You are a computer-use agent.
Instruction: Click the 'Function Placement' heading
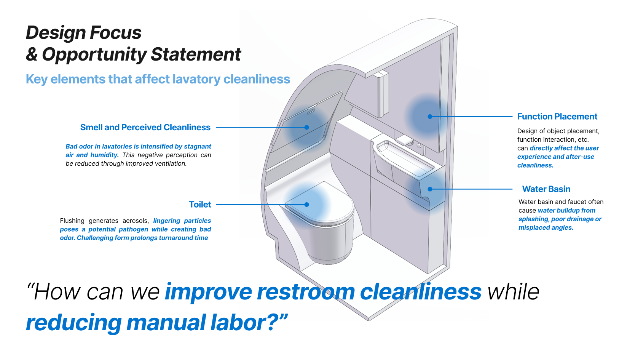click(557, 117)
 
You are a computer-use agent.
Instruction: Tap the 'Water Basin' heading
click(546, 189)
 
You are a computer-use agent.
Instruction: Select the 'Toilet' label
click(200, 205)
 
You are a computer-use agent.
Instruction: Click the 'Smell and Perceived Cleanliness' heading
click(145, 128)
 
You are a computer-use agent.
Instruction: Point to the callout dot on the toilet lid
click(307, 205)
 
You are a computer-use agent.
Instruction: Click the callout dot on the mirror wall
click(430, 117)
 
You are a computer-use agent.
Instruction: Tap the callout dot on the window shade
click(307, 128)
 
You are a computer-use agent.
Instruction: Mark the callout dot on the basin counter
click(430, 189)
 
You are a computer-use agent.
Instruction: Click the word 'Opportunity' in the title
click(94, 55)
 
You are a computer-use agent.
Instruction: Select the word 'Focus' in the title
click(116, 32)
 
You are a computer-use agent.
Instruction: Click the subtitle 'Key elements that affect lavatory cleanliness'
click(158, 79)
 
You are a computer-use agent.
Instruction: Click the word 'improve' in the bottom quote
click(209, 292)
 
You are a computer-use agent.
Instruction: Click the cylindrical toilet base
click(330, 241)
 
